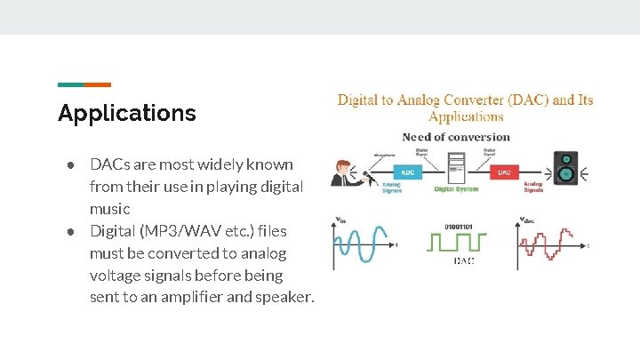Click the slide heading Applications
126,113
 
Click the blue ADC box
407,172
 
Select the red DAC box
503,172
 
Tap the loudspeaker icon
565,168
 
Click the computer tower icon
455,167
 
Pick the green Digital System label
456,189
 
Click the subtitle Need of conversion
456,137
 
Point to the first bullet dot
68,165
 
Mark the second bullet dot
68,231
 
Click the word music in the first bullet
110,209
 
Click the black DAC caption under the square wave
463,260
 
